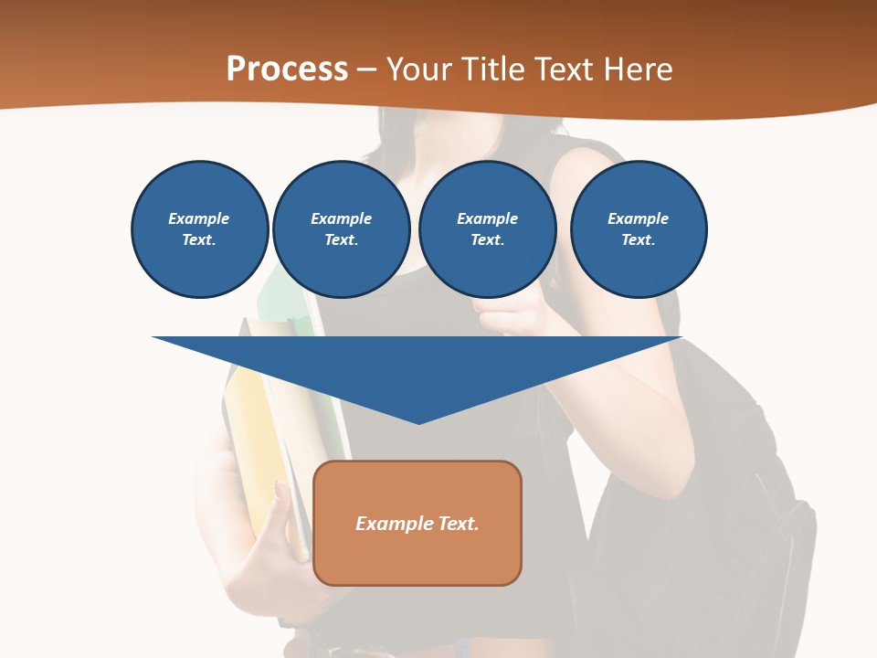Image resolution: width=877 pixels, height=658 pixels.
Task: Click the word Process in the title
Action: point(287,69)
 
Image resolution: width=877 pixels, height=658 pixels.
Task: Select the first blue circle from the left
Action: point(199,228)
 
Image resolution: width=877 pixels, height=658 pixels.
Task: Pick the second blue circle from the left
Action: point(341,228)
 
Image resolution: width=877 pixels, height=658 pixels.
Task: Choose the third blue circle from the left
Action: point(487,228)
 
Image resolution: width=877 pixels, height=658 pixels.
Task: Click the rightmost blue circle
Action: point(638,228)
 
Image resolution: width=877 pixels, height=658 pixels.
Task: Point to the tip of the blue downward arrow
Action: point(418,421)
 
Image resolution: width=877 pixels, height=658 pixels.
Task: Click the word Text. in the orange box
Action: point(460,524)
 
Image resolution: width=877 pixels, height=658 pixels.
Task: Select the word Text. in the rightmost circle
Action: point(638,240)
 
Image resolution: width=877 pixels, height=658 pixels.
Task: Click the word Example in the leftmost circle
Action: point(199,218)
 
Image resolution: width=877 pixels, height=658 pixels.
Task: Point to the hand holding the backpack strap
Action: point(512,315)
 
